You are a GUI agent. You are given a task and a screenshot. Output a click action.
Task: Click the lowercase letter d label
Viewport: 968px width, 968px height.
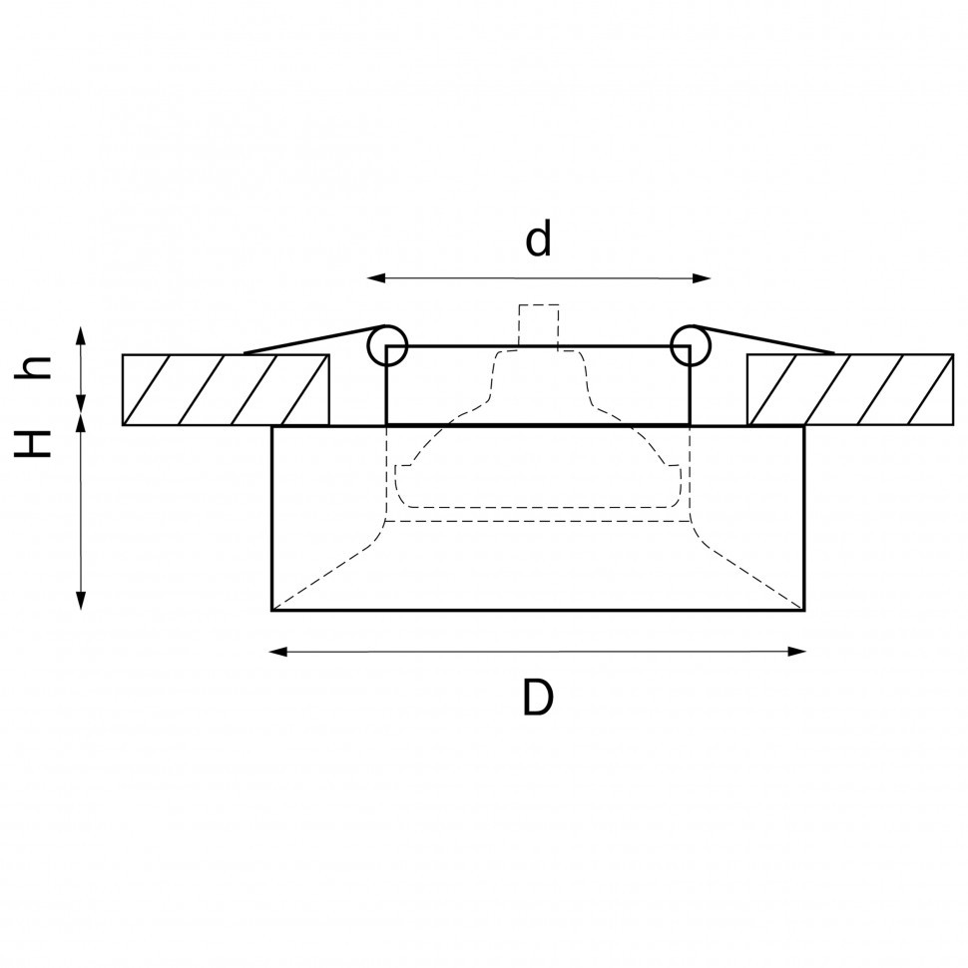[538, 240]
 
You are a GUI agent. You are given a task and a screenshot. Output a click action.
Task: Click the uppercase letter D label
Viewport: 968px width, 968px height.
[537, 699]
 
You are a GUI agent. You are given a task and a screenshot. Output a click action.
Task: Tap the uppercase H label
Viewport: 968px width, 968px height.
[36, 443]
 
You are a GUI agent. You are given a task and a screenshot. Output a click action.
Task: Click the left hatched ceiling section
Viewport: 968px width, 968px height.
[226, 389]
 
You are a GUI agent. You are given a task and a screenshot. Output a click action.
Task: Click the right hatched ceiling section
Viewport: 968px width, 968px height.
[849, 389]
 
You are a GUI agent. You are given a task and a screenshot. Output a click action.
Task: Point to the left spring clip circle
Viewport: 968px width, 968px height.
[387, 346]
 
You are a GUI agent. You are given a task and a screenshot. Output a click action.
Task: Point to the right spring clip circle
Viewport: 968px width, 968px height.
[690, 346]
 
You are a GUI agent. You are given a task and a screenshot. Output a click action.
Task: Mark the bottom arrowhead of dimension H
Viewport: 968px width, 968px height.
[81, 602]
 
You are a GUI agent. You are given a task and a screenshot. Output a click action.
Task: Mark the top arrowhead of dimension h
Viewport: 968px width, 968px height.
[81, 334]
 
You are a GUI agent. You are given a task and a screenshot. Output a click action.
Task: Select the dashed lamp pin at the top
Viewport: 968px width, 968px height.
[539, 324]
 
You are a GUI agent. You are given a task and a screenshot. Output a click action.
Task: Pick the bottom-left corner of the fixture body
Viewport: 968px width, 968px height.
[272, 610]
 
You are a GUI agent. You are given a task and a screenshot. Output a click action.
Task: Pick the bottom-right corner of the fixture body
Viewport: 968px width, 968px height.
[804, 610]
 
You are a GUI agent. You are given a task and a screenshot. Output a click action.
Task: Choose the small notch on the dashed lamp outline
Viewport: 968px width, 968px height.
[402, 466]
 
